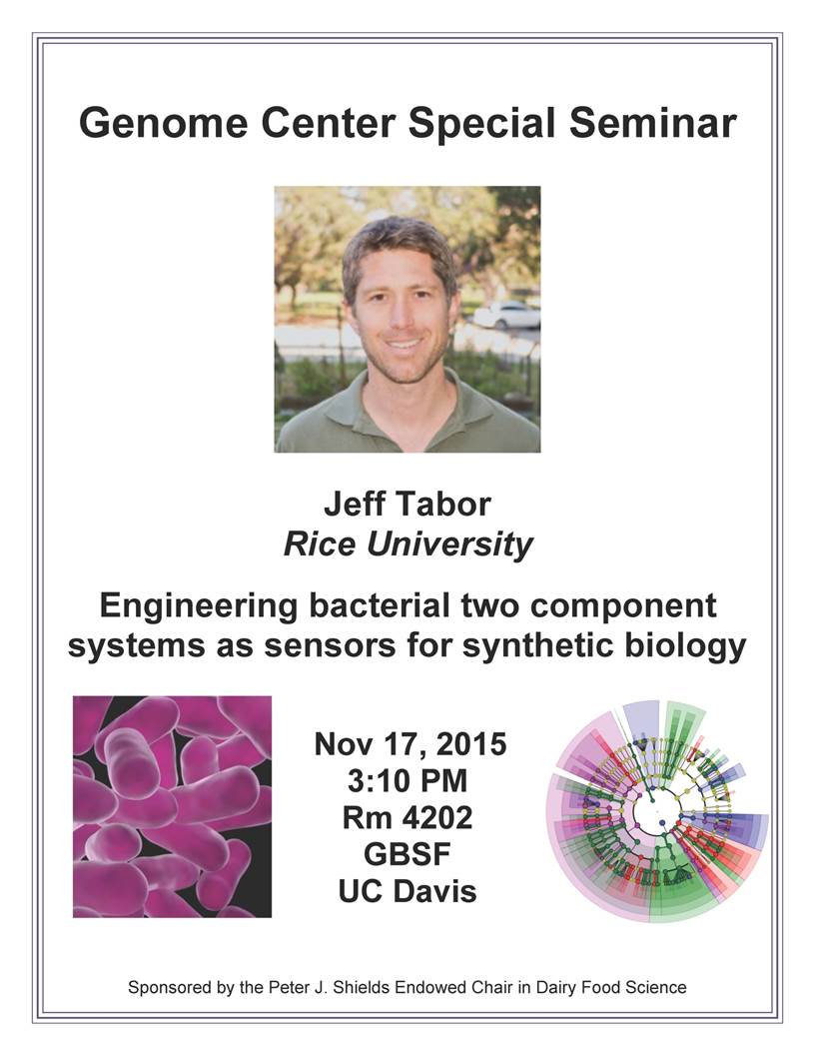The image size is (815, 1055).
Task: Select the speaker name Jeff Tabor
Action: [x=407, y=504]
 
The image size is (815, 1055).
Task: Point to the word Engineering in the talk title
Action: [x=199, y=607]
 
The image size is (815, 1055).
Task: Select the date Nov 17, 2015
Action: [x=410, y=745]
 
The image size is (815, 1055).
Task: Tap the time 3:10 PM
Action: [x=407, y=781]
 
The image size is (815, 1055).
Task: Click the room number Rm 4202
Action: [x=407, y=818]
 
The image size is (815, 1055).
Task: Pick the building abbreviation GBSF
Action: [x=407, y=854]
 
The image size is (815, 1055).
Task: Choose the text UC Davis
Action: [x=407, y=891]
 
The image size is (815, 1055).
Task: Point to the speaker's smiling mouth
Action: [x=404, y=344]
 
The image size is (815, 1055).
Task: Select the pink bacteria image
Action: [x=172, y=806]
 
